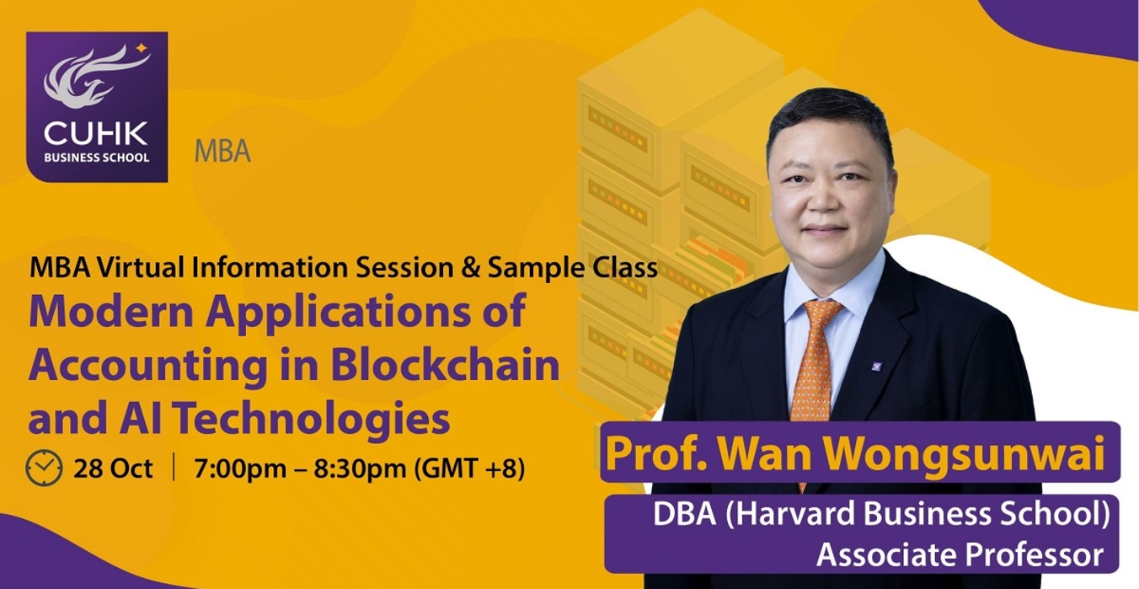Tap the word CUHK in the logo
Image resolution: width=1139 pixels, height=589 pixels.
tap(96, 134)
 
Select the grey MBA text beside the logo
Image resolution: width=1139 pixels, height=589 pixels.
tap(222, 151)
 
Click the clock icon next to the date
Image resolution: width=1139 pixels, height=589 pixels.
tap(44, 468)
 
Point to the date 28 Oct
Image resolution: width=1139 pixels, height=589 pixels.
tap(113, 469)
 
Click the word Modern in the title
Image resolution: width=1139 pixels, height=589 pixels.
tap(111, 311)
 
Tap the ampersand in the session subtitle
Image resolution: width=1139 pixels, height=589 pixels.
tap(470, 268)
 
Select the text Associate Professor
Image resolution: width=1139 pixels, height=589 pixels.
tap(960, 554)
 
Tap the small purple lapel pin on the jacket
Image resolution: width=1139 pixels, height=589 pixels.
tap(877, 366)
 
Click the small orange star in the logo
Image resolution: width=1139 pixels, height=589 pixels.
tap(142, 48)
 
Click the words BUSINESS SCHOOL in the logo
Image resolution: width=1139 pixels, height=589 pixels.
tap(97, 158)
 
